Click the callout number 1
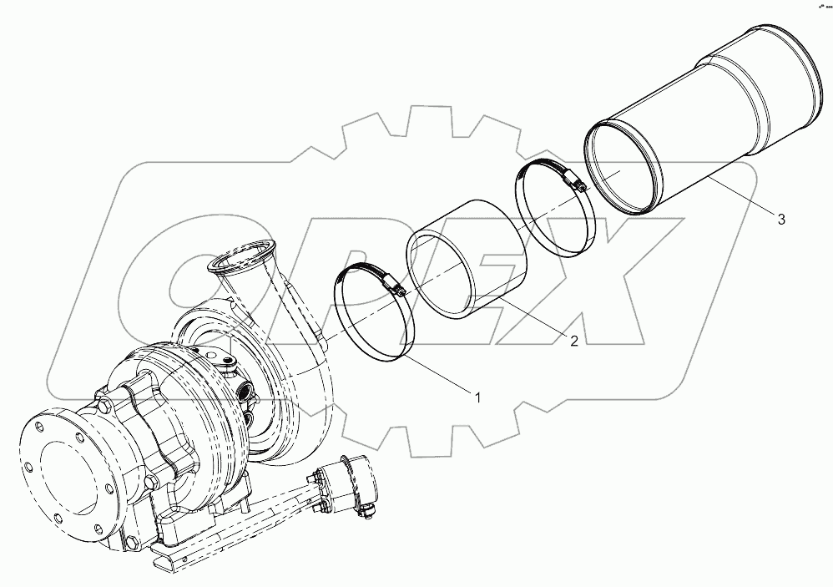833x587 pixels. [477, 398]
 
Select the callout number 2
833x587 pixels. [574, 340]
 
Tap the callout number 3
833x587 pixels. [781, 220]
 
